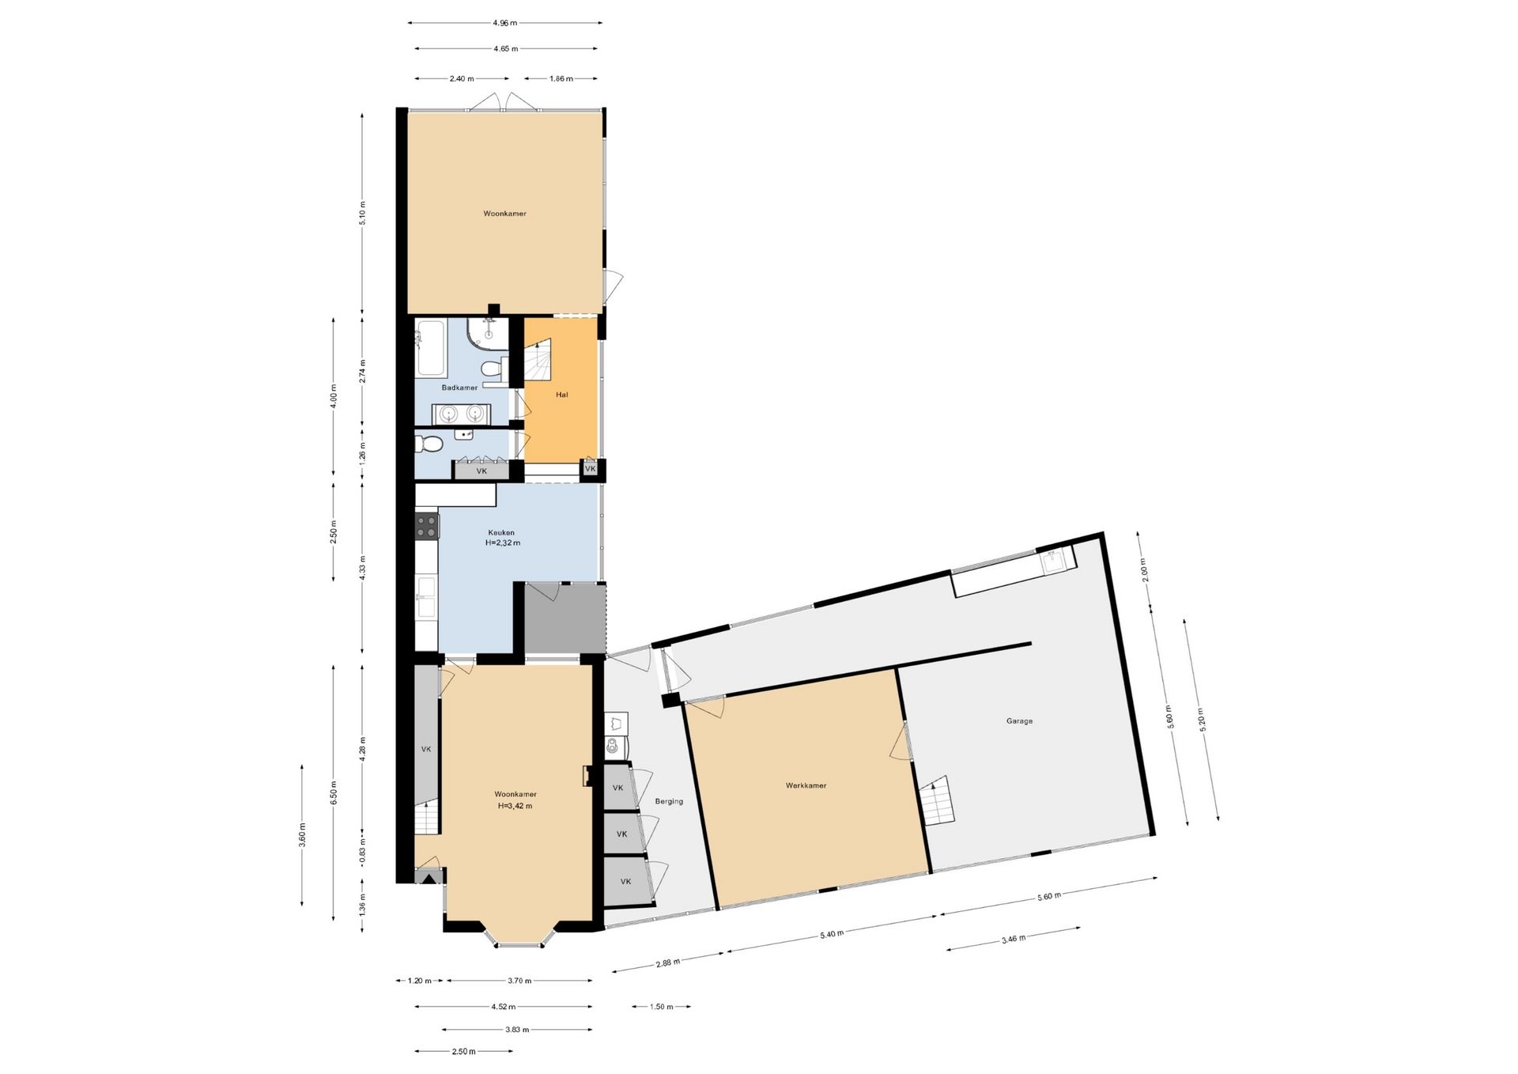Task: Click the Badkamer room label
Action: click(459, 388)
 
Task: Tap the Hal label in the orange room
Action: click(562, 395)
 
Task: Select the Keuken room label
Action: click(501, 532)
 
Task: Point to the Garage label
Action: click(1019, 721)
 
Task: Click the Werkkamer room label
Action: click(806, 785)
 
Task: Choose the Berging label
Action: click(669, 801)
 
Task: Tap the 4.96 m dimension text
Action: click(506, 23)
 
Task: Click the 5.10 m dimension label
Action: click(363, 213)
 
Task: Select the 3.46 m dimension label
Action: click(1014, 939)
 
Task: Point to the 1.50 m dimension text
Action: click(661, 1007)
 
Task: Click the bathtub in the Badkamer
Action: click(431, 348)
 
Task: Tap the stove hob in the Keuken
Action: click(427, 526)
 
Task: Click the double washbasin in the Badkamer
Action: click(462, 414)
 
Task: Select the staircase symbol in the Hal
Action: click(537, 364)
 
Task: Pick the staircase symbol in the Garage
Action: click(938, 800)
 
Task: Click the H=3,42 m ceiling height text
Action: click(515, 806)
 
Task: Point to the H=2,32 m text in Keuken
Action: click(503, 543)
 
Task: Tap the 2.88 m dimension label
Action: click(668, 962)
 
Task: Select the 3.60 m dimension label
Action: click(302, 835)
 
